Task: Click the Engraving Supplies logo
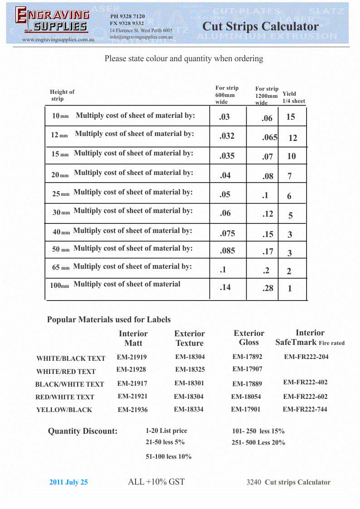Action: (52, 21)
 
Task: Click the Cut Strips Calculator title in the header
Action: (260, 26)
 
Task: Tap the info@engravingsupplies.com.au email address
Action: (141, 37)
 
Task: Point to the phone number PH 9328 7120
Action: (127, 16)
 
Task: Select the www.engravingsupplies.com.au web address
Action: (58, 40)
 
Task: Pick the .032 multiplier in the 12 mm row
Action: (227, 136)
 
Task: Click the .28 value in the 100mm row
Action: (268, 288)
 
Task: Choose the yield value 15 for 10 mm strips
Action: (291, 117)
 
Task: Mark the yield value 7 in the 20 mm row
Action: (290, 176)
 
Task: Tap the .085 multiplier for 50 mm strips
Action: (227, 250)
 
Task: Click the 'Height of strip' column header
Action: (62, 95)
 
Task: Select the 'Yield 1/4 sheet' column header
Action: (293, 97)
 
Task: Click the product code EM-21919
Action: (131, 357)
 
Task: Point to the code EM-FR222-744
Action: (305, 409)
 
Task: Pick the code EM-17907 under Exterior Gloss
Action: (247, 369)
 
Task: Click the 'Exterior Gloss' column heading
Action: (249, 338)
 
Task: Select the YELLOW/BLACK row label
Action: (64, 410)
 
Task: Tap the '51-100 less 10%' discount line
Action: (168, 456)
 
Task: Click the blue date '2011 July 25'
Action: (68, 482)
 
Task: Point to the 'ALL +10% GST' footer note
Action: (156, 482)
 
